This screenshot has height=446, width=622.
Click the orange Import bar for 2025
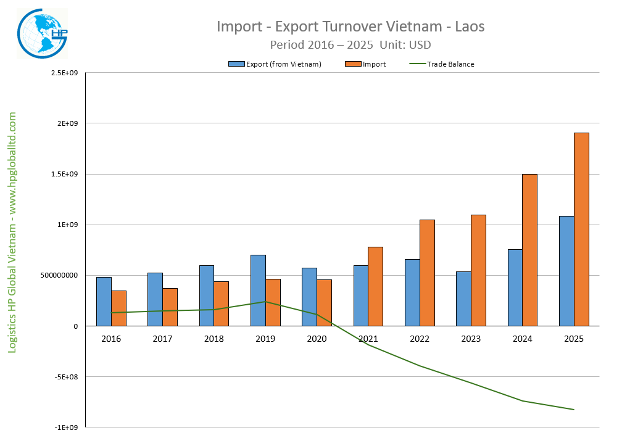[x=581, y=229]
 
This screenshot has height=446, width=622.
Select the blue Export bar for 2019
[x=258, y=290]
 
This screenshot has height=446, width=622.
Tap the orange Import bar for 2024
[x=529, y=250]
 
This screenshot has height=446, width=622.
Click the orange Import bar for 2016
[x=118, y=308]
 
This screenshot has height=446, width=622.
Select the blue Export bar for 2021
[x=361, y=295]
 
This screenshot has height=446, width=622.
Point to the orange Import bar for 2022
[x=427, y=273]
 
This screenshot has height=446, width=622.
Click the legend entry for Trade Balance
[x=449, y=64]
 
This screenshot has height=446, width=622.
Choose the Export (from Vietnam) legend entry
[x=283, y=64]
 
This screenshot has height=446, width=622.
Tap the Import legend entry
[x=373, y=64]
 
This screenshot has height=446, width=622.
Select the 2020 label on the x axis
[x=317, y=339]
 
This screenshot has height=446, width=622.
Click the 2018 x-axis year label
[x=214, y=339]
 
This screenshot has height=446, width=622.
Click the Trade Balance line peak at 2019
[x=265, y=302]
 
